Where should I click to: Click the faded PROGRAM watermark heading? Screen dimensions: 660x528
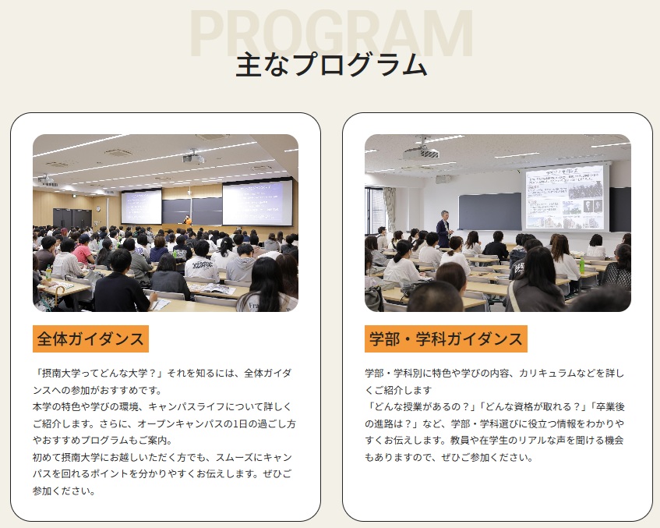(x=331, y=33)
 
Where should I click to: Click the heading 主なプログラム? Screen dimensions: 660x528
(x=331, y=65)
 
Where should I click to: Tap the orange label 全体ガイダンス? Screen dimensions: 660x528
(x=90, y=338)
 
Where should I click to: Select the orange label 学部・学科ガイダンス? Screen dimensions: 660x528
(x=446, y=338)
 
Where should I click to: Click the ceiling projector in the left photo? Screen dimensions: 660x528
(x=193, y=157)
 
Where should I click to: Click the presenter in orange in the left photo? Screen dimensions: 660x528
(x=187, y=221)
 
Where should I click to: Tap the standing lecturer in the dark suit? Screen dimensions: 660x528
(x=444, y=229)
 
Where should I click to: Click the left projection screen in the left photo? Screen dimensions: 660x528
(x=142, y=207)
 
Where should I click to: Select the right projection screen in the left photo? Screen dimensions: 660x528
(x=257, y=203)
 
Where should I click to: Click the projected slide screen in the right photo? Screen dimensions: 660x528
(x=564, y=197)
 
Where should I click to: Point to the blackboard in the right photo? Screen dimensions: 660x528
(x=489, y=211)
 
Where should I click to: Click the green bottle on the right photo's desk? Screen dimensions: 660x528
(x=582, y=265)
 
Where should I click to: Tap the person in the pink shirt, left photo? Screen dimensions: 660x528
(x=83, y=250)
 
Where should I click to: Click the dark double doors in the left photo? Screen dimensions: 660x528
(x=72, y=218)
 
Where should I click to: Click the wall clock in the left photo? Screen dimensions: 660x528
(x=97, y=208)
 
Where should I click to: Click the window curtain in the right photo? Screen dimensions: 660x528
(x=390, y=210)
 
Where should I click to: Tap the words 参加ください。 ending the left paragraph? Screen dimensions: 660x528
(x=65, y=491)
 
